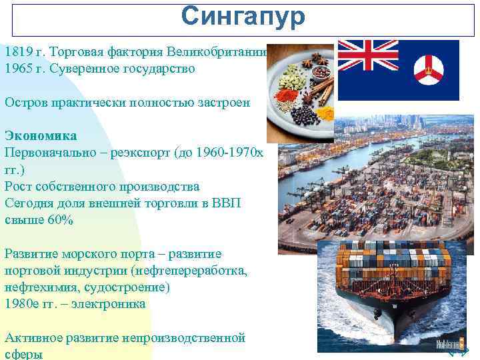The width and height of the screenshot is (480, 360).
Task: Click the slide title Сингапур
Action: tap(243, 17)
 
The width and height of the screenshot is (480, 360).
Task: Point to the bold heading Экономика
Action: tap(41, 136)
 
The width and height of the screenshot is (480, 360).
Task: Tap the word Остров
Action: tap(27, 103)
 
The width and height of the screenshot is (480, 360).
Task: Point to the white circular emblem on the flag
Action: tap(427, 69)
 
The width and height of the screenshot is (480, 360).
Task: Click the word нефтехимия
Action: tap(37, 287)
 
